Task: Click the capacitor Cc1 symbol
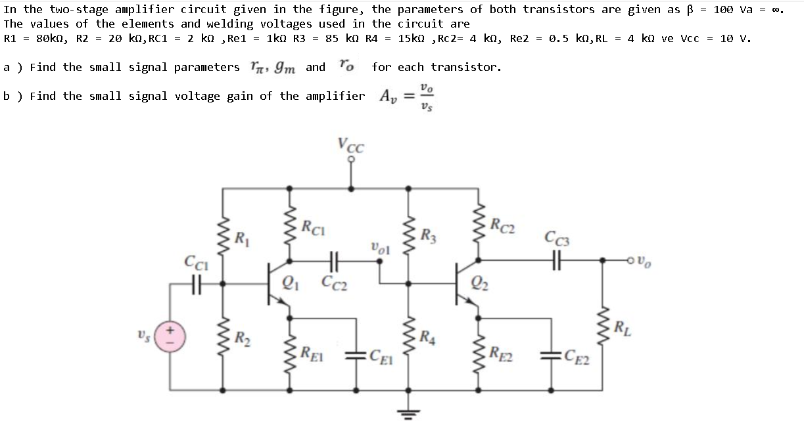pos(195,284)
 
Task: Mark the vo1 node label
pos(380,248)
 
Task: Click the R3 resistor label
pos(430,234)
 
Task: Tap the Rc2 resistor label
pos(504,224)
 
